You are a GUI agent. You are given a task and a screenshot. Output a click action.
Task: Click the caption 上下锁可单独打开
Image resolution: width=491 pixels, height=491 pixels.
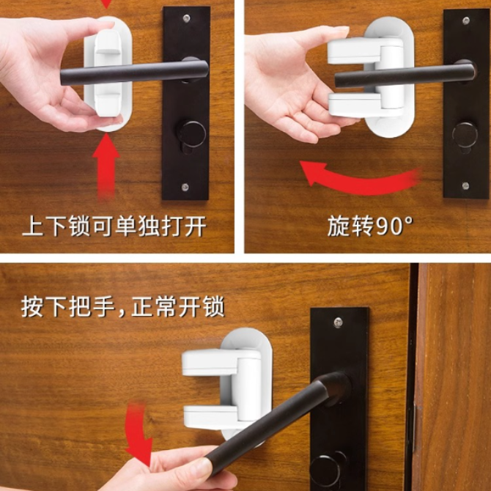(x=114, y=226)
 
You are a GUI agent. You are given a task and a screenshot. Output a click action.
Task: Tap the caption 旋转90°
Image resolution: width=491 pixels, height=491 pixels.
(x=370, y=226)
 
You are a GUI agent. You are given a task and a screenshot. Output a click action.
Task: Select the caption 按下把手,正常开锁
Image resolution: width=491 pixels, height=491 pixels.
(x=123, y=307)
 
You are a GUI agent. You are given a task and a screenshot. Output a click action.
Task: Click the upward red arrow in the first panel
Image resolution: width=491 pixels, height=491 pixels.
(x=106, y=166)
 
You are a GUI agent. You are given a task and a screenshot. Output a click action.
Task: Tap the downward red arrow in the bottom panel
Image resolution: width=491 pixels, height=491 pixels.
(x=138, y=435)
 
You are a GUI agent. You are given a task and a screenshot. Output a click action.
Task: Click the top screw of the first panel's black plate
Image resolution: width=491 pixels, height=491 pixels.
(x=187, y=18)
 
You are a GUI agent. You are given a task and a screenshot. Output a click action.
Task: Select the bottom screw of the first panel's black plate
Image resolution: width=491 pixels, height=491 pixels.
(x=185, y=187)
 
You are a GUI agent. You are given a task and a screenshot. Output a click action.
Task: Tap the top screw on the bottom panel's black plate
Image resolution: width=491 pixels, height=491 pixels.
(x=338, y=322)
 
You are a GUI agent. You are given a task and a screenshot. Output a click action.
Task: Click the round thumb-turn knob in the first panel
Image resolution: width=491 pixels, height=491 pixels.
(x=191, y=133)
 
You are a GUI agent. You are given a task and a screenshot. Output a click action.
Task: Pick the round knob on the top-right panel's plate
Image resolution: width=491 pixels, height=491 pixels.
(x=465, y=135)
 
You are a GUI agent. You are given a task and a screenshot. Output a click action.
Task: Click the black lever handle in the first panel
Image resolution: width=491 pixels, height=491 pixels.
(x=134, y=73)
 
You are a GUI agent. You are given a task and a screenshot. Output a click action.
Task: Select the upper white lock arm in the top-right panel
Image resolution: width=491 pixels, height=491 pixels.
(x=365, y=51)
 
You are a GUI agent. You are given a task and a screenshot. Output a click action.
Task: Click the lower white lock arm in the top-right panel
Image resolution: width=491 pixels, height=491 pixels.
(x=365, y=105)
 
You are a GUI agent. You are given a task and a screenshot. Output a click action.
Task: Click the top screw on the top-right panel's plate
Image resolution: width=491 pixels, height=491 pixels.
(x=466, y=21)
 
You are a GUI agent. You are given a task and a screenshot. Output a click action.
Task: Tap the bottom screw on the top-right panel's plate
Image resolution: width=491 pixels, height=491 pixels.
(x=465, y=185)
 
